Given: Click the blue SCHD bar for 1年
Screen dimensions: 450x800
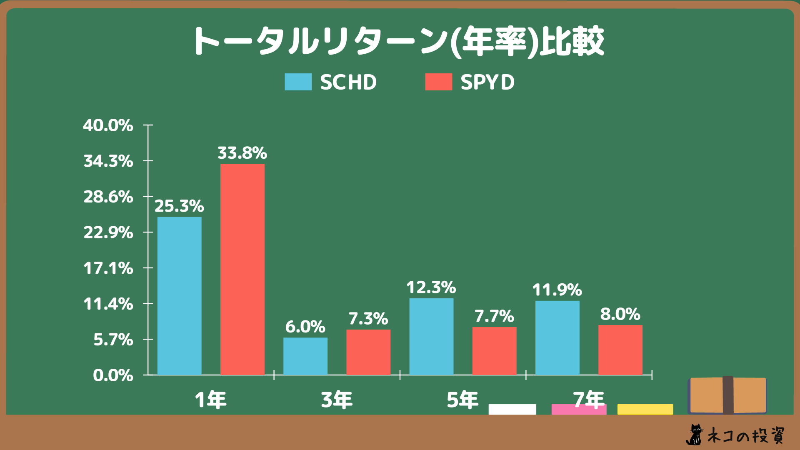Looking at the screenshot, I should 179,296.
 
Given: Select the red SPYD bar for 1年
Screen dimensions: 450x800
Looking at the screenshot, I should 242,269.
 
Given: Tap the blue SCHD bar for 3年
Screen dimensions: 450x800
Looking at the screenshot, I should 305,356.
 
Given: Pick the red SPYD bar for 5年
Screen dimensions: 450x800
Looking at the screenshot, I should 494,351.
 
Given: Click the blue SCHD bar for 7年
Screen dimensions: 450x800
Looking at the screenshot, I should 557,337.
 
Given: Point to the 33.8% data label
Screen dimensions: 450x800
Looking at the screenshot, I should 242,153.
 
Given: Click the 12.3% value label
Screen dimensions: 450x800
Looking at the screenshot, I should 431,287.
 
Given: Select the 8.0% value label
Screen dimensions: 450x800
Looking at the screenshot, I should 620,314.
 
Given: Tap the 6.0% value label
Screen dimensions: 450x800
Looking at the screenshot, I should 305,327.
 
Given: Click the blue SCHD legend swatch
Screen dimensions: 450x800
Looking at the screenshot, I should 298,82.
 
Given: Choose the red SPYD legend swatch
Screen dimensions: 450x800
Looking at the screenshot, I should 438,82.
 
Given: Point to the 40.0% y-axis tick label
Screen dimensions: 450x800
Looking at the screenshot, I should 108,125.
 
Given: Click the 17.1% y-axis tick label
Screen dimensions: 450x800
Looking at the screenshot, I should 108,268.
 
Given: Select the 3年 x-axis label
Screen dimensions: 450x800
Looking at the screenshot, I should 337,400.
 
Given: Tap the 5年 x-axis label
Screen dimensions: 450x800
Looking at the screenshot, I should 462,400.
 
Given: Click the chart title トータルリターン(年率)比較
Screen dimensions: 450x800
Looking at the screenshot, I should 398,42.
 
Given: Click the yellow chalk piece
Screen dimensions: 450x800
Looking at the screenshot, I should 645,409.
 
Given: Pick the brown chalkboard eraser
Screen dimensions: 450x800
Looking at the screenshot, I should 727,395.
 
